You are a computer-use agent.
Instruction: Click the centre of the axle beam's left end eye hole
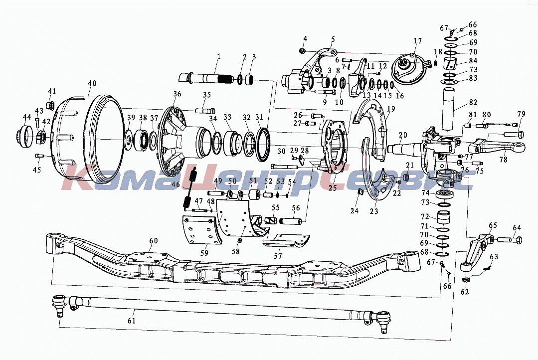click(54, 236)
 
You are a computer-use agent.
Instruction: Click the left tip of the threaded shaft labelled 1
click(179, 77)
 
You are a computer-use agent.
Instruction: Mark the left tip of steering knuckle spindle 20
click(388, 149)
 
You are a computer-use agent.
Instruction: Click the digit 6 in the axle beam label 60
click(151, 240)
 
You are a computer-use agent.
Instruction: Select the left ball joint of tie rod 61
click(59, 304)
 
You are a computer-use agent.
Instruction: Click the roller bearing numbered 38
click(143, 140)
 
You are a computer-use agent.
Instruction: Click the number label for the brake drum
click(92, 83)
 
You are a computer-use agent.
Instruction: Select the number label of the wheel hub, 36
click(177, 94)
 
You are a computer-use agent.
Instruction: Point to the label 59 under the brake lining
click(204, 253)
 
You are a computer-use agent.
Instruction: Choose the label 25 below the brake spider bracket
click(333, 187)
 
